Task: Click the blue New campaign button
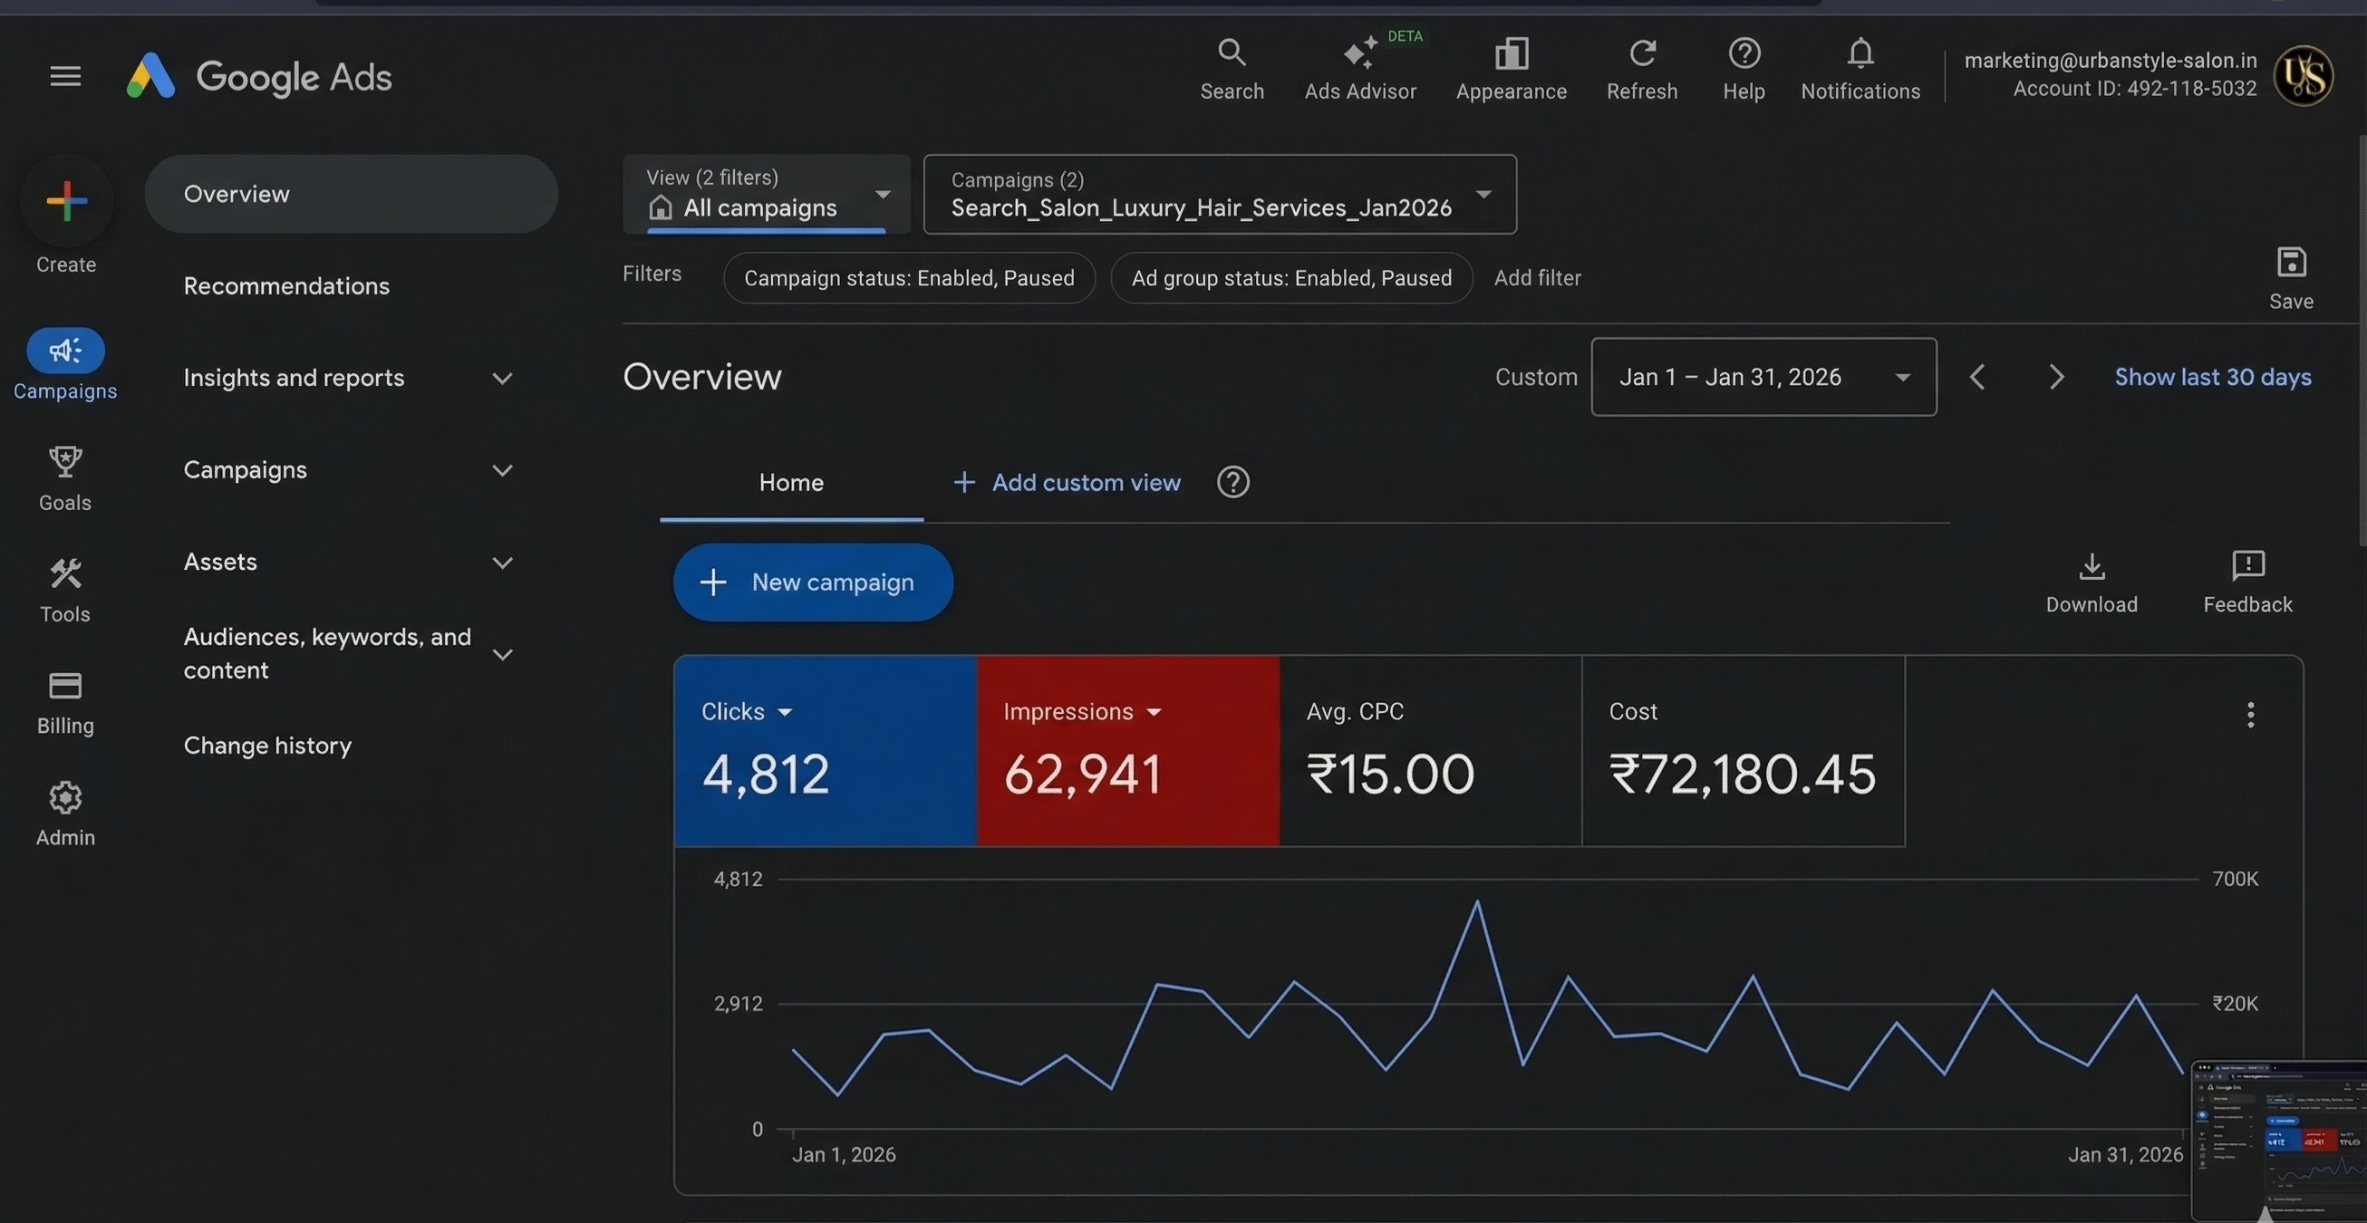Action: [812, 582]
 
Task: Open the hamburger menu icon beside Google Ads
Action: [65, 75]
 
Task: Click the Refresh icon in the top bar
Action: [1642, 53]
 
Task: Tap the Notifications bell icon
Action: [1860, 53]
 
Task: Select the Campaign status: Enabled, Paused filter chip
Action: [908, 277]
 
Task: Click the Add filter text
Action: [1536, 277]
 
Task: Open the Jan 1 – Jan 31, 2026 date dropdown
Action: [1763, 377]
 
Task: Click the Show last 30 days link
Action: [2212, 377]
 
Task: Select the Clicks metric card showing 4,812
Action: [825, 750]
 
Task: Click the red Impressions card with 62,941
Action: [1127, 750]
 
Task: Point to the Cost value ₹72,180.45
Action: [1741, 774]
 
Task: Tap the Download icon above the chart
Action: [2091, 567]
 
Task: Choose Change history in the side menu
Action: [267, 746]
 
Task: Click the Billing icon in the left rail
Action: [65, 687]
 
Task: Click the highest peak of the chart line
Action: [1476, 902]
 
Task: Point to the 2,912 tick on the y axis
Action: [738, 1004]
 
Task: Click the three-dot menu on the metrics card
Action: [2249, 714]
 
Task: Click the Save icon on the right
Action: [2290, 264]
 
